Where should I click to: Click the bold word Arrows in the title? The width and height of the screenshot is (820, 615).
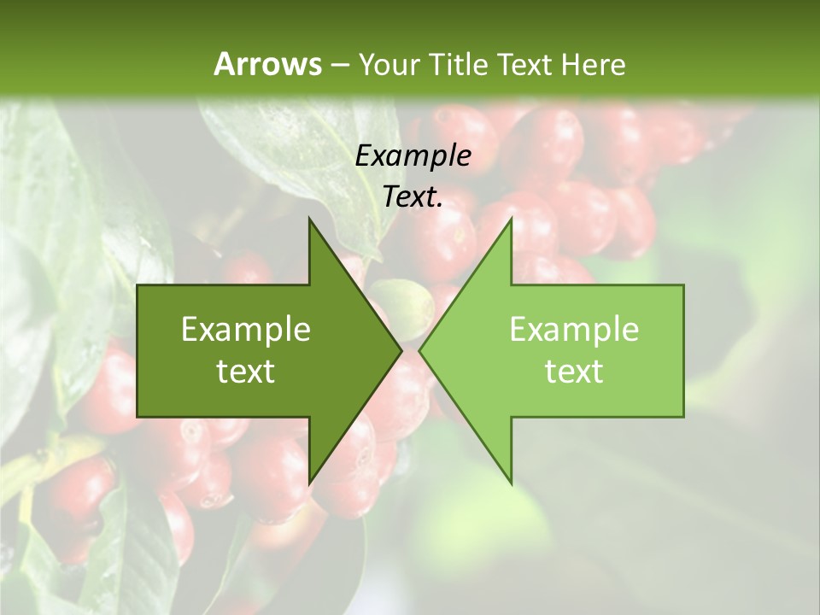(268, 64)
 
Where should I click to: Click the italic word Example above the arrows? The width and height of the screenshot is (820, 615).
(413, 155)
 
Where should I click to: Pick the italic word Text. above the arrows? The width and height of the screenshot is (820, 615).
(413, 196)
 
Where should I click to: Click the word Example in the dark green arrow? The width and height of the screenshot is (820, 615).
(246, 329)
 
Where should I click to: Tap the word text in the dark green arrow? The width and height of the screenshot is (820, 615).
(246, 371)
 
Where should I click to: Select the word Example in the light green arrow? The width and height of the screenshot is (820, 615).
(574, 329)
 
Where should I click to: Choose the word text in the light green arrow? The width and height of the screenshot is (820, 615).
(574, 371)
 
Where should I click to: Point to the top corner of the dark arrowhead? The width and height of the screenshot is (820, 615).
(309, 220)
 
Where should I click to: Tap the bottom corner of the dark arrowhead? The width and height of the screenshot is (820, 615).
(309, 482)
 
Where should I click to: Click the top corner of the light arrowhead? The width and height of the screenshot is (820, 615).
(511, 220)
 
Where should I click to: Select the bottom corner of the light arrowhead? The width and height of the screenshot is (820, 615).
(511, 482)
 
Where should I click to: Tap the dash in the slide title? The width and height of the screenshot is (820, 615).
(339, 64)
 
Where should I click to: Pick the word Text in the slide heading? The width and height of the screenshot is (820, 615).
(526, 64)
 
